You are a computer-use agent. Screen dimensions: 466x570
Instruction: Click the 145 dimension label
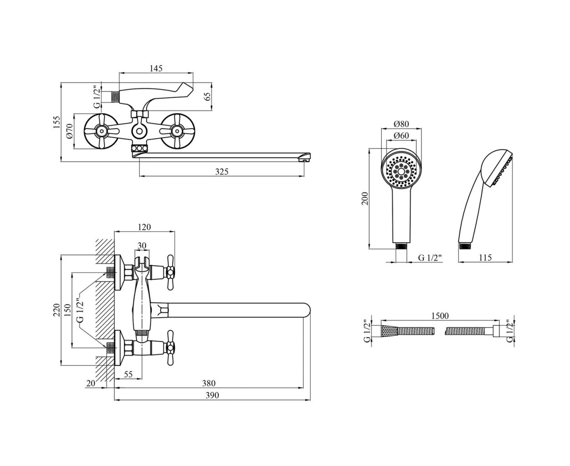155,69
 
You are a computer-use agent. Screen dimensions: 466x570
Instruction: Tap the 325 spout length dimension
222,172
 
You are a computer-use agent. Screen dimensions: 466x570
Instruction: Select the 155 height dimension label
57,122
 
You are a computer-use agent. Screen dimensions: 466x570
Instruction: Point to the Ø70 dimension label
70,131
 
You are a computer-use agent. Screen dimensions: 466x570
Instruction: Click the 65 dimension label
208,96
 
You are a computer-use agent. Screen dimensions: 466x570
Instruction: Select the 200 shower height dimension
365,198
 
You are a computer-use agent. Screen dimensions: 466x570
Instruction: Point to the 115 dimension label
485,258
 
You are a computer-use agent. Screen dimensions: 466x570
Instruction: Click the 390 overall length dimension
212,395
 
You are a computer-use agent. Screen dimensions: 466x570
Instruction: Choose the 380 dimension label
209,383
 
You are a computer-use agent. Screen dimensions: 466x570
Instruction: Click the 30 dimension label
142,245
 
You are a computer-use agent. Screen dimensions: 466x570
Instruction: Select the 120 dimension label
144,227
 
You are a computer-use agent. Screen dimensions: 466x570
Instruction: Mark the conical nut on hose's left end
388,331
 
